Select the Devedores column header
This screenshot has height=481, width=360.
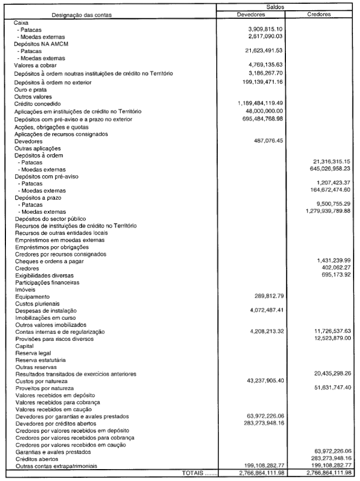coord(251,15)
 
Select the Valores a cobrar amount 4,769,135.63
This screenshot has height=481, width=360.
coord(266,65)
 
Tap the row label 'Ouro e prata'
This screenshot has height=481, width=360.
coord(30,89)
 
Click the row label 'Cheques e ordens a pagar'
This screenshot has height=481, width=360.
coord(49,261)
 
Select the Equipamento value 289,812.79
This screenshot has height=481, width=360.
coord(269,296)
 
